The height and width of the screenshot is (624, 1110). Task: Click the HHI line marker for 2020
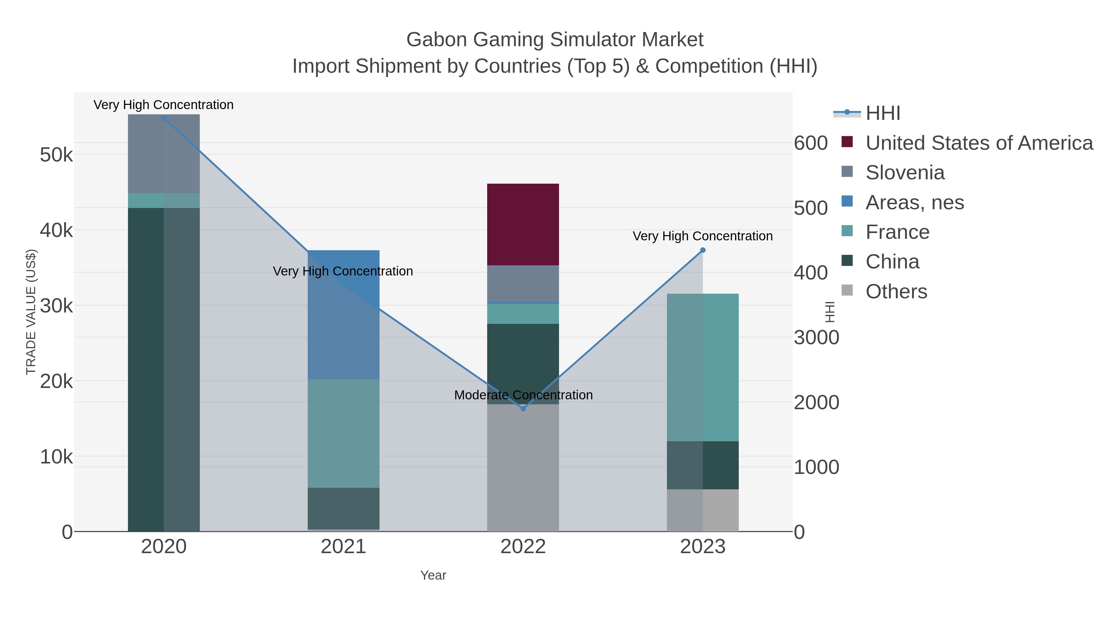[164, 118]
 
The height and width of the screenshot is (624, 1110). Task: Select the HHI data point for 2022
[523, 408]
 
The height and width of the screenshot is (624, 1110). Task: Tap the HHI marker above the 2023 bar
[703, 250]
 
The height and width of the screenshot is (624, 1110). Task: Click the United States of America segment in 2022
[523, 224]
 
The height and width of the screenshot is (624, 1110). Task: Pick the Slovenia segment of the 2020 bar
[164, 154]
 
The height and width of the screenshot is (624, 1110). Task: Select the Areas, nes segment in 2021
[343, 314]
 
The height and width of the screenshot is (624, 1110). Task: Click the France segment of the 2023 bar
[703, 367]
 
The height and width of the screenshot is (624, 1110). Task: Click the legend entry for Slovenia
[905, 173]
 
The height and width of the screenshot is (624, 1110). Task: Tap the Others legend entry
[896, 292]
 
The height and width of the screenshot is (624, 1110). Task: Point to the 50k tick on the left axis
[56, 155]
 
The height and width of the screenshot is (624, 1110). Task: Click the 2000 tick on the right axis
[816, 403]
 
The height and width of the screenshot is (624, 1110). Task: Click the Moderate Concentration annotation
[523, 395]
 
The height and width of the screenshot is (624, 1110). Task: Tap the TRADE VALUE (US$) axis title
[31, 312]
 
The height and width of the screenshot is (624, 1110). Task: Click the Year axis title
[433, 575]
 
